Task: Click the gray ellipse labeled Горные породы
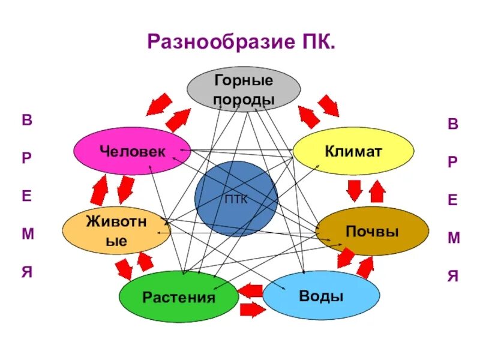tap(243, 89)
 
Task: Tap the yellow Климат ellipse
tap(353, 151)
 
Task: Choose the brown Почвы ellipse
tap(372, 230)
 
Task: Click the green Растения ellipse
tap(178, 296)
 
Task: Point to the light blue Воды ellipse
tap(321, 295)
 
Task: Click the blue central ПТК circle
tap(236, 199)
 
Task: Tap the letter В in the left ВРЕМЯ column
tap(27, 119)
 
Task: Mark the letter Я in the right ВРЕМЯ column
tap(454, 277)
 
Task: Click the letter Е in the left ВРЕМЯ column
tap(27, 196)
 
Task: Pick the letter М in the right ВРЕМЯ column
tap(454, 238)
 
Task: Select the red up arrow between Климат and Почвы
tap(377, 191)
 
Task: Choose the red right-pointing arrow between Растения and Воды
tap(252, 310)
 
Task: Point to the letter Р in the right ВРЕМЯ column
tap(454, 161)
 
